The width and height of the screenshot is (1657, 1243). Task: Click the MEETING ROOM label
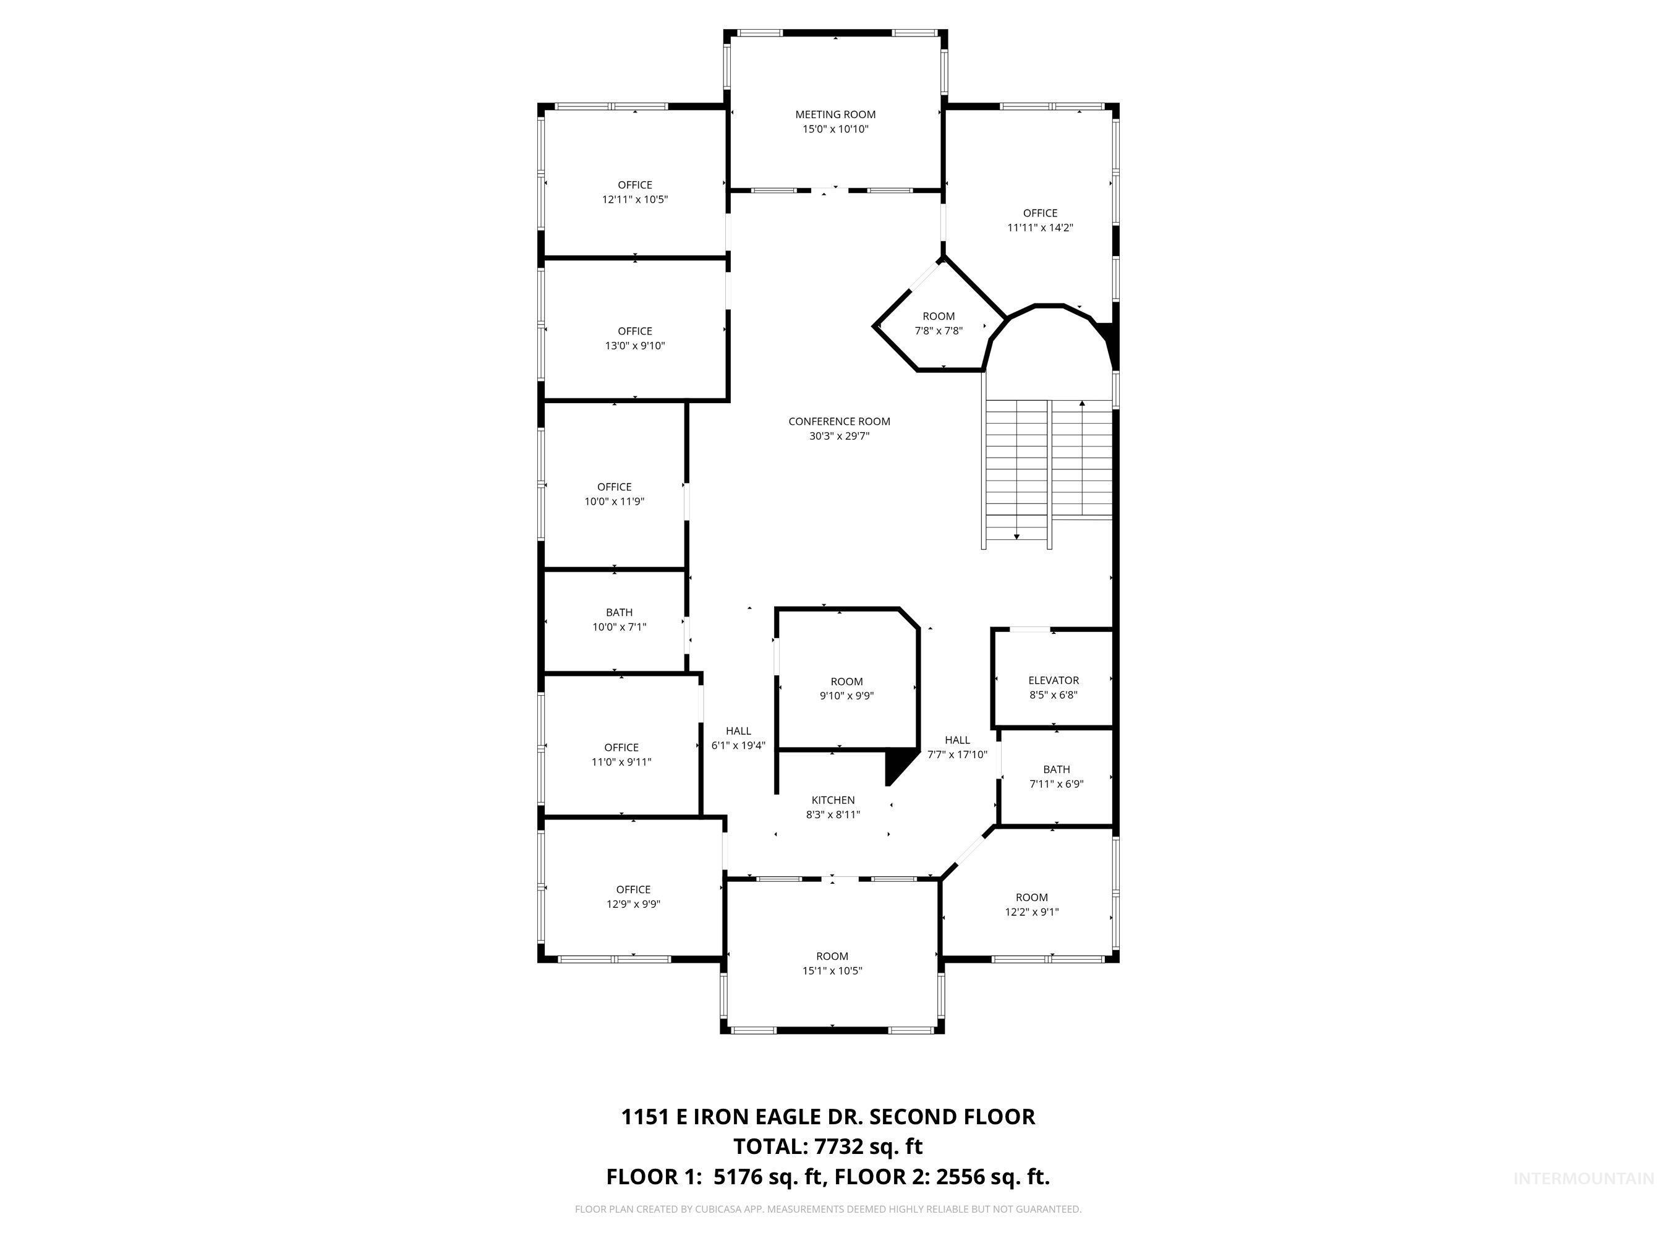coord(835,114)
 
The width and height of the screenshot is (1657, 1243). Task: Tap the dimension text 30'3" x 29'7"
coord(839,436)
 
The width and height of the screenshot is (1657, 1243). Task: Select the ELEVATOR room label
coord(1053,680)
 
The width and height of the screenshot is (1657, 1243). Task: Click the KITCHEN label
coord(833,800)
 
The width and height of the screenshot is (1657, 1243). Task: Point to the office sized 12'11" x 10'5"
coord(634,192)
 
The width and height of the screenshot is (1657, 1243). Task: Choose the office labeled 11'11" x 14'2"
coord(1040,220)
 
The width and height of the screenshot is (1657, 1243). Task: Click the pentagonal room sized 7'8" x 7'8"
coord(938,323)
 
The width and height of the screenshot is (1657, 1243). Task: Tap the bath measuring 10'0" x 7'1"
coord(619,620)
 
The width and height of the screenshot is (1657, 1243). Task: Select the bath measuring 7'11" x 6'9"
coord(1056,776)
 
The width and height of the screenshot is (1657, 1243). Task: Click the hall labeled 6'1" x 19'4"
coord(738,738)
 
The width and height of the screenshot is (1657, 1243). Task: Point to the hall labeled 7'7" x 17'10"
coord(957,747)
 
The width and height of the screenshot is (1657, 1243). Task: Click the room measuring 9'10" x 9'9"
coord(846,688)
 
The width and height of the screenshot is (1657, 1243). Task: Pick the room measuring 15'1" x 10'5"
coord(832,963)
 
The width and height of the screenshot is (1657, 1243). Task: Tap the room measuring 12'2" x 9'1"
coord(1031,904)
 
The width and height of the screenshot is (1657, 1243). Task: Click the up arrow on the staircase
coord(1082,405)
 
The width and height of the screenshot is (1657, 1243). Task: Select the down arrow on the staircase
coord(1016,535)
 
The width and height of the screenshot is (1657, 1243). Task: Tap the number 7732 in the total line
coord(836,1147)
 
